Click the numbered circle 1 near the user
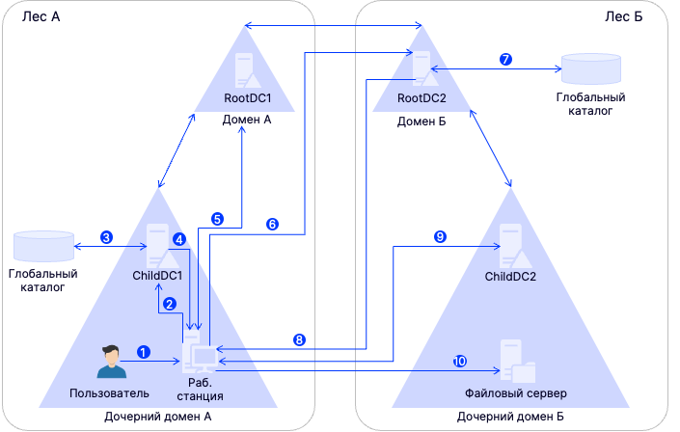point(144,352)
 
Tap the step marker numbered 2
point(170,304)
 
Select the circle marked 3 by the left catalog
point(106,236)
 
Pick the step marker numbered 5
point(218,219)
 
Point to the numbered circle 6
point(272,224)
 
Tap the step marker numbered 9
point(440,236)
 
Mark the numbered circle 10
point(460,361)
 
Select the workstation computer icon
point(203,355)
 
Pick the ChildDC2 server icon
point(511,245)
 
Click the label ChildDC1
point(158,276)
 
